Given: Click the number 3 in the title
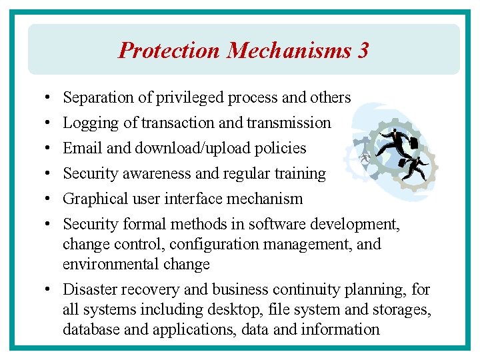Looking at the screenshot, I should tap(362, 51).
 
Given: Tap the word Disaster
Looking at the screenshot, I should tap(87, 289).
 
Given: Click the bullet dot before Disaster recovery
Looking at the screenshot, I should tap(50, 289).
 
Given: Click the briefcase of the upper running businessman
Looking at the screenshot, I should tap(413, 143).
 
